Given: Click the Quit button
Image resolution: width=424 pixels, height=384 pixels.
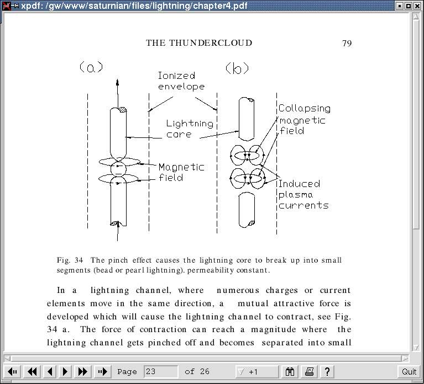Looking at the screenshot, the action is point(409,372).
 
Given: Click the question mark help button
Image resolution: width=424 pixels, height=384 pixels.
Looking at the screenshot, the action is point(327,372).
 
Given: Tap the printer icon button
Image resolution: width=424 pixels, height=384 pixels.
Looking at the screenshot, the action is point(309,372).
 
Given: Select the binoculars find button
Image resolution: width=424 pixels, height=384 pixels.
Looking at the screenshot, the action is point(290,372).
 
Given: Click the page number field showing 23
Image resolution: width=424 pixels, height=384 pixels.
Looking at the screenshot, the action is point(161,372).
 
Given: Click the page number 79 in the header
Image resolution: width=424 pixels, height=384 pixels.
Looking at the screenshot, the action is point(347,43).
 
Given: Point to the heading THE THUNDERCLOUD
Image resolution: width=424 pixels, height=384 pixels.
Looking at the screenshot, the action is point(199,43).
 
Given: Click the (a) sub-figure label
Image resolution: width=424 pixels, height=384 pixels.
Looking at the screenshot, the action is point(91,67).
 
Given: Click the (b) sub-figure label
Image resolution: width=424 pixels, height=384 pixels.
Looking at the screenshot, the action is point(237,68).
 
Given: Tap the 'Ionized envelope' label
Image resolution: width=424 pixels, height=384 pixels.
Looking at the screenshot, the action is point(181,81).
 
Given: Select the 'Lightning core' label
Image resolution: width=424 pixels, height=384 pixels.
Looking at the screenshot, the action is point(190,129).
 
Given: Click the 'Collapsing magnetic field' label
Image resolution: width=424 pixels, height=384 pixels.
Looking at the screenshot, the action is point(305,119).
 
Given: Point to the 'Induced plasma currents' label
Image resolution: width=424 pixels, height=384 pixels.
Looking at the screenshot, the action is point(303,194).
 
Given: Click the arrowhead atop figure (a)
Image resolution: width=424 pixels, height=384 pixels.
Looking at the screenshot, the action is point(117,82).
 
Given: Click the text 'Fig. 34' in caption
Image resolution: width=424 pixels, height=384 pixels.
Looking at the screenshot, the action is point(70,260).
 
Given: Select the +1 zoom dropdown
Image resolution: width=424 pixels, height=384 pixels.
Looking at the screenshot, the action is point(257,372).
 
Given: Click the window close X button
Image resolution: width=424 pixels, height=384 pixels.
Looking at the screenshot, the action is point(417,6).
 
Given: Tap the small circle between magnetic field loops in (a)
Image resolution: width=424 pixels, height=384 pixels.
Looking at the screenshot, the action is point(118,169).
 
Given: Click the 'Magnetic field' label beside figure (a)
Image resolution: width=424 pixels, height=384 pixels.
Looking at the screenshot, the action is point(181,172).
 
